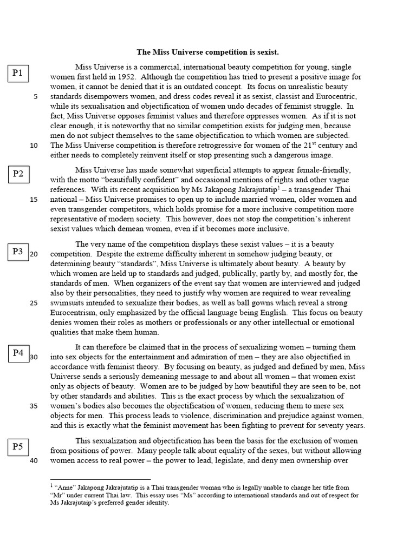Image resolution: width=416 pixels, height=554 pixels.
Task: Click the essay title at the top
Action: [207, 52]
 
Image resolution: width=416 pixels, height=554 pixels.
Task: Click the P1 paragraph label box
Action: [18, 73]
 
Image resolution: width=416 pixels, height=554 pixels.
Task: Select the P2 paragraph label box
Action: [18, 174]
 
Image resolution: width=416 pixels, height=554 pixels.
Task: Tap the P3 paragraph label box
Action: [18, 252]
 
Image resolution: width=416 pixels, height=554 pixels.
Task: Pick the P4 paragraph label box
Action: [18, 353]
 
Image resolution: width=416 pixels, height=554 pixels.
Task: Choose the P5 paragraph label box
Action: [18, 447]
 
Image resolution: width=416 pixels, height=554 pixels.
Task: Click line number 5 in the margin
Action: [36, 97]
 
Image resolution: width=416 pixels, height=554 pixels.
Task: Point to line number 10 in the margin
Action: [34, 146]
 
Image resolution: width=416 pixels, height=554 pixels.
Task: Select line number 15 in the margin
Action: [34, 200]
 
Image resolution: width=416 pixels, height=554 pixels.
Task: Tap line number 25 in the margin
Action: [34, 302]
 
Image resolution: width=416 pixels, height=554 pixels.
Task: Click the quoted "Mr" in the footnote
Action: [58, 495]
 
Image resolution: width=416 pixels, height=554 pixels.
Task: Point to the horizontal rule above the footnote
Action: [100, 479]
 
